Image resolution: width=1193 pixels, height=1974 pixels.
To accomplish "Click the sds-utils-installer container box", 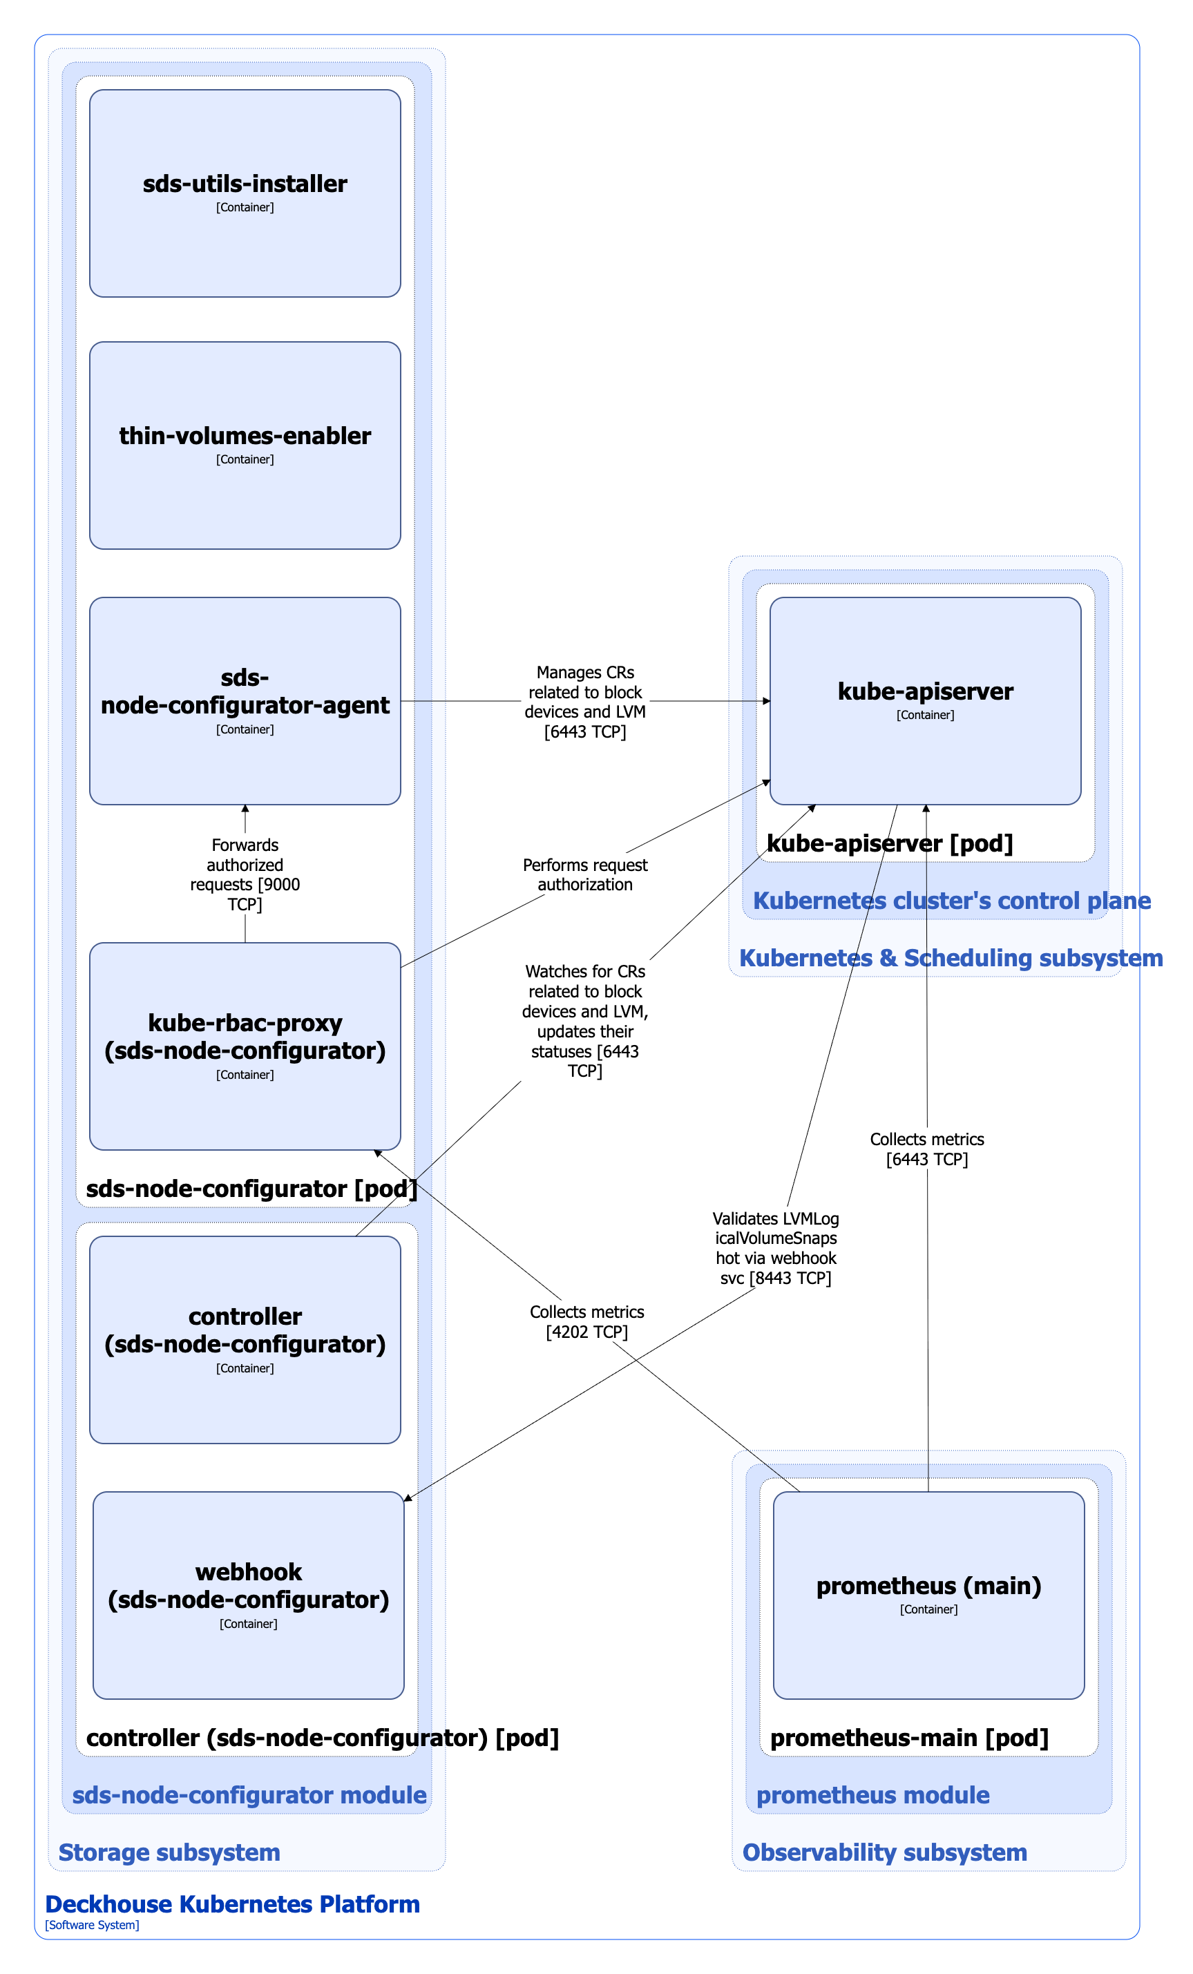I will [245, 193].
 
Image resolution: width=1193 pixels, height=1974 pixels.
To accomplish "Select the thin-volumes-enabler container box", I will [245, 445].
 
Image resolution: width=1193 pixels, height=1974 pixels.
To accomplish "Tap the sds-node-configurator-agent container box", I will [245, 700].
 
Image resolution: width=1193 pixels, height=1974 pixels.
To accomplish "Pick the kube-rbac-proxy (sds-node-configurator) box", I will [245, 1046].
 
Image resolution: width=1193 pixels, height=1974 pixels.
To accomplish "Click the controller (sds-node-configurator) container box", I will [245, 1339].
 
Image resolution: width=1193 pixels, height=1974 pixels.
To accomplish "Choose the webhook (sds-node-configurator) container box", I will [249, 1595].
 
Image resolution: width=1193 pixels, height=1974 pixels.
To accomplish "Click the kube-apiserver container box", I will [924, 700].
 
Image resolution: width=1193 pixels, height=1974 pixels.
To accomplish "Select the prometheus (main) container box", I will [928, 1595].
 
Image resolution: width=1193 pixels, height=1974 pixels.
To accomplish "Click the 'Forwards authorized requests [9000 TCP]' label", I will [245, 874].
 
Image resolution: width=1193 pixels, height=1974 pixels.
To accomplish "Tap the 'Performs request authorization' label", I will [585, 874].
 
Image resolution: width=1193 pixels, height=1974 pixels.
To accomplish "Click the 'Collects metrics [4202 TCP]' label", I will [586, 1321].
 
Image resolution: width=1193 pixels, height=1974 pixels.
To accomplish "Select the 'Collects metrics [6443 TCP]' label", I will [926, 1149].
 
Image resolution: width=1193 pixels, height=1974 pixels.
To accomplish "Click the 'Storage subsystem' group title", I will [169, 1852].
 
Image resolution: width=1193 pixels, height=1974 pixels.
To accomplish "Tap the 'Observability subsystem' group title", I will [884, 1852].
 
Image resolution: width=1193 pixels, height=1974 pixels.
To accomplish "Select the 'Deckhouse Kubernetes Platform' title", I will [232, 1904].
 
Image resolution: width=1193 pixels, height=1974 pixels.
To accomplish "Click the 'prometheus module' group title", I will [872, 1794].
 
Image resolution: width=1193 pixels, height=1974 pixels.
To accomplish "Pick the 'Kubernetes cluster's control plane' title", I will [951, 901].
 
